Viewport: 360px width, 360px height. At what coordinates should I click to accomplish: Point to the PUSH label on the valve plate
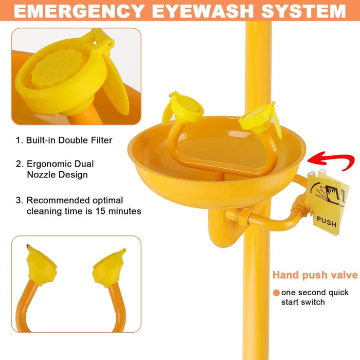click(327, 224)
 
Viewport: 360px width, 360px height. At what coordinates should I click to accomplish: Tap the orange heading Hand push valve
click(315, 275)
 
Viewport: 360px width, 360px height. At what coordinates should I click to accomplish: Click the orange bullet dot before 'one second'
click(276, 293)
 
